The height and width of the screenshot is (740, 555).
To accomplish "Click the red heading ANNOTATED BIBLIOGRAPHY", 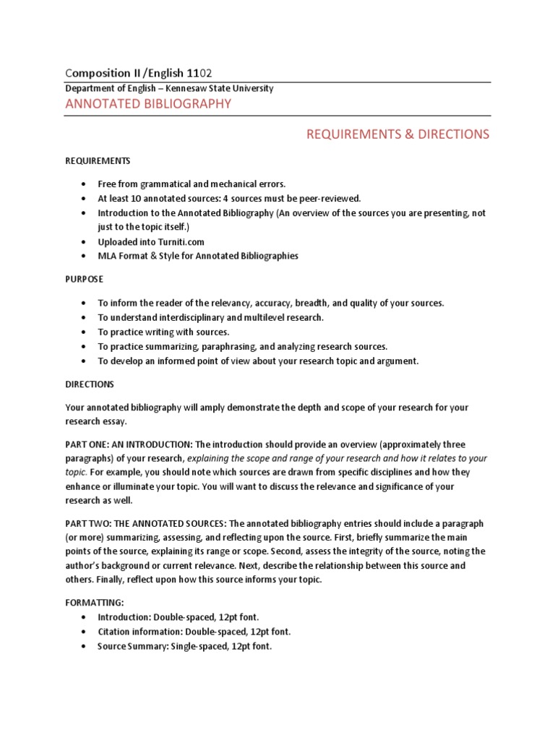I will coord(148,104).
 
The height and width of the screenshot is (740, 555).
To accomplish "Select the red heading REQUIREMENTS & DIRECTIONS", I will coord(397,134).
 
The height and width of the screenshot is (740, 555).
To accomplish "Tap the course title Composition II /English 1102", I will coord(139,73).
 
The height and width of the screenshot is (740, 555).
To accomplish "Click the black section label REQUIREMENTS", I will coord(98,160).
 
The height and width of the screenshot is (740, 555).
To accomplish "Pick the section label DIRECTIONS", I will coord(89,384).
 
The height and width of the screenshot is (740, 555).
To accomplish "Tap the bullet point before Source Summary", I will coord(85,647).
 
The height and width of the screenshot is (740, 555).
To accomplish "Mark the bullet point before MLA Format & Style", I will coord(85,256).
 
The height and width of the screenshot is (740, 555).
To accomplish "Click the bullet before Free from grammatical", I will coord(85,184).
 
